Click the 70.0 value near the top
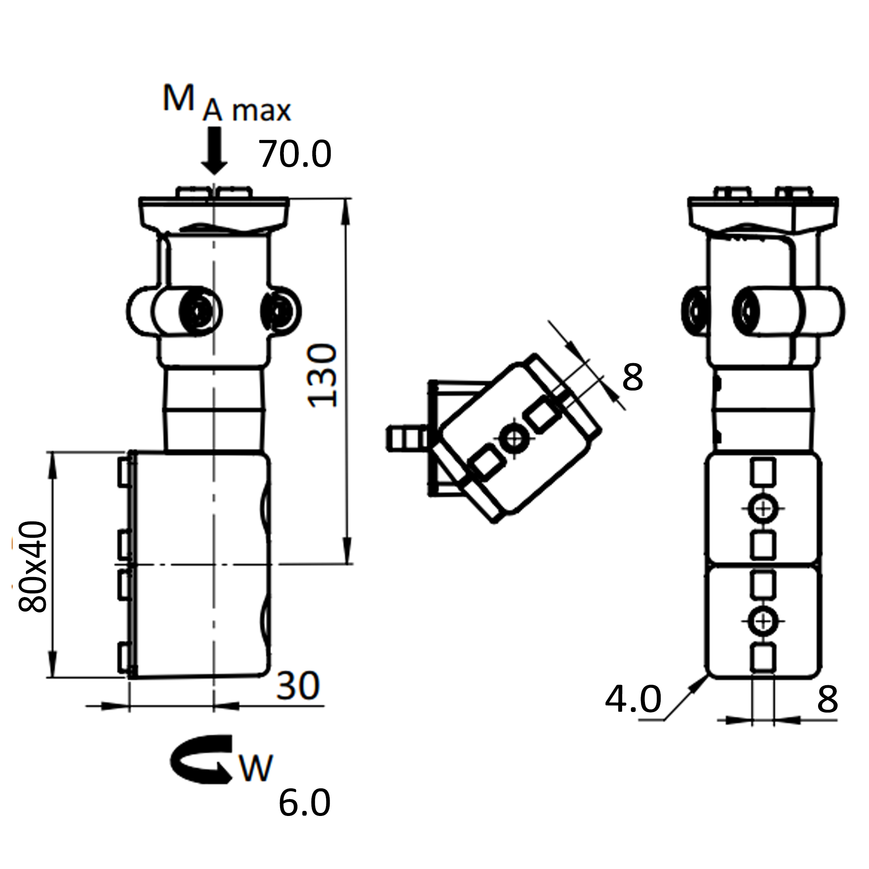pos(295,154)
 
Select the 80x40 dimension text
pos(32,566)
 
